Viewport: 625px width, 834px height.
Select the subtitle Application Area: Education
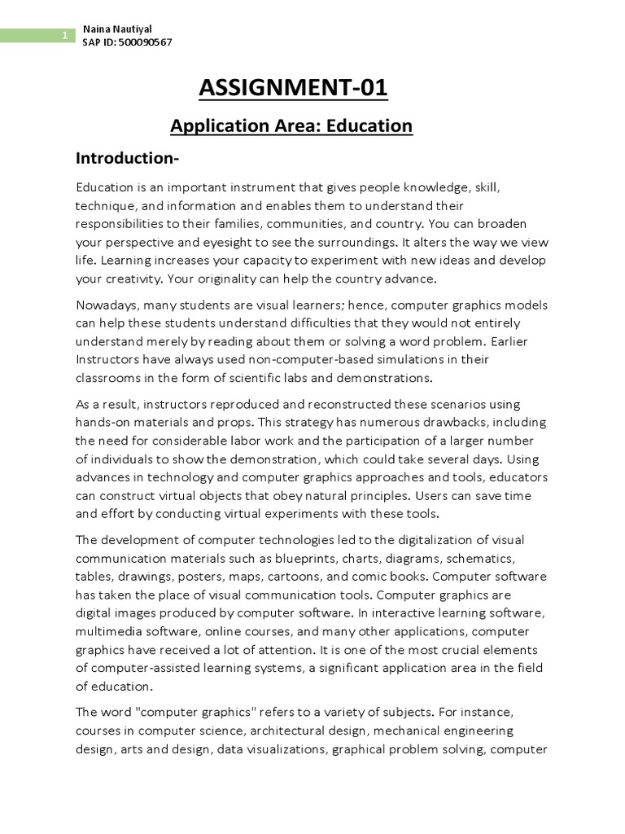[291, 126]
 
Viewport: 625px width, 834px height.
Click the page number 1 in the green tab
[64, 36]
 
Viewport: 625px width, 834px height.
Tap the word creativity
[133, 279]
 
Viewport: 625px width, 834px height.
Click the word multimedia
[110, 631]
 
